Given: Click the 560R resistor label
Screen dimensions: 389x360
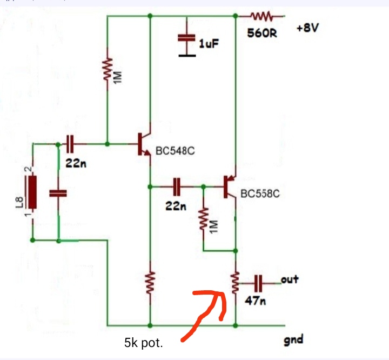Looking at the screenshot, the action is click(x=262, y=33).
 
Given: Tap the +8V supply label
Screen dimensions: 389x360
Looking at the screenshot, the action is click(x=307, y=28).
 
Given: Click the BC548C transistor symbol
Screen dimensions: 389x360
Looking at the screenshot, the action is click(x=145, y=144).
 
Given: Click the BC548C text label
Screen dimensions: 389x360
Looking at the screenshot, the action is click(x=175, y=151).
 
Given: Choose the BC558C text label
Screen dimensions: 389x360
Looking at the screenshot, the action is click(x=260, y=194).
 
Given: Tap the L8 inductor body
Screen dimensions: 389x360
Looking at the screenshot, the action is click(x=32, y=192).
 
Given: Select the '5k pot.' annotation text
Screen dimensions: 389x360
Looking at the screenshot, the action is click(x=143, y=343).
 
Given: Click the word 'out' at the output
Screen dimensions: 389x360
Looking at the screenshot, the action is click(x=290, y=279).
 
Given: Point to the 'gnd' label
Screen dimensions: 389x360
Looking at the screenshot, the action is click(x=293, y=340).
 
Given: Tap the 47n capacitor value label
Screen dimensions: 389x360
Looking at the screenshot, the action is click(x=255, y=301).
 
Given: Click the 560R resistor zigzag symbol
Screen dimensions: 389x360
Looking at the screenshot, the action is click(x=261, y=16).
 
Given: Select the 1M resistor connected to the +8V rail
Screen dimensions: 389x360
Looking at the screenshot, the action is click(x=108, y=70).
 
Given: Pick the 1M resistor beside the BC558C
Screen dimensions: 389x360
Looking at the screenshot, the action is click(x=204, y=219).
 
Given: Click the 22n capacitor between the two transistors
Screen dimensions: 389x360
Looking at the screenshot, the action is click(x=177, y=186).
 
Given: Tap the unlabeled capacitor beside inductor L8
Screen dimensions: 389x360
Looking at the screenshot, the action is click(x=58, y=194).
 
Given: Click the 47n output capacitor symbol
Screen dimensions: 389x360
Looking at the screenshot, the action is click(x=258, y=283).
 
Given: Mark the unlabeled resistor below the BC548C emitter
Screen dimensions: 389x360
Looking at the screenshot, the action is click(x=150, y=283).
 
